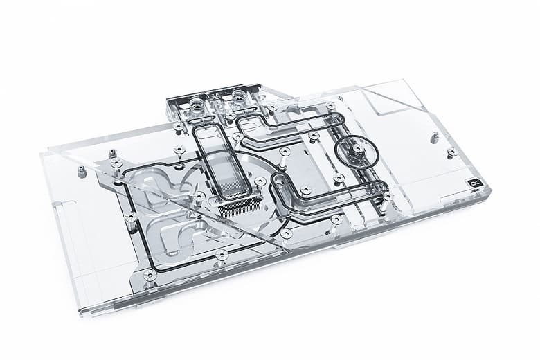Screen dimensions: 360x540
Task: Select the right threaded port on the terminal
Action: tap(240, 98)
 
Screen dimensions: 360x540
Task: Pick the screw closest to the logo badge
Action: tap(451, 152)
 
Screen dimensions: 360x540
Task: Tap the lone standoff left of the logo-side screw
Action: tap(434, 138)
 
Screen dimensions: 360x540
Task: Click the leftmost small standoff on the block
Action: tap(82, 171)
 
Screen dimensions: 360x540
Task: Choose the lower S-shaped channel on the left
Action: tap(173, 228)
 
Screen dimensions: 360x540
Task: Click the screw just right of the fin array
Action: tap(260, 183)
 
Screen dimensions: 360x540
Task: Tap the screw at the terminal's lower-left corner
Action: tap(179, 127)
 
